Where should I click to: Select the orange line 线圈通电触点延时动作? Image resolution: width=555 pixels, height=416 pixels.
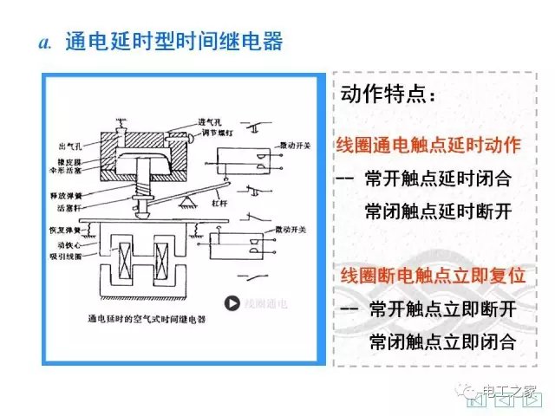click(x=428, y=145)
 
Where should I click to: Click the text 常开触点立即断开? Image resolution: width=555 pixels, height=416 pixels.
click(x=441, y=309)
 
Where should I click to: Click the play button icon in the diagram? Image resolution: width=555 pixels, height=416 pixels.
click(x=232, y=303)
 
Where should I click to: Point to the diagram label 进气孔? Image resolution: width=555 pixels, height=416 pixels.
click(x=185, y=120)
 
